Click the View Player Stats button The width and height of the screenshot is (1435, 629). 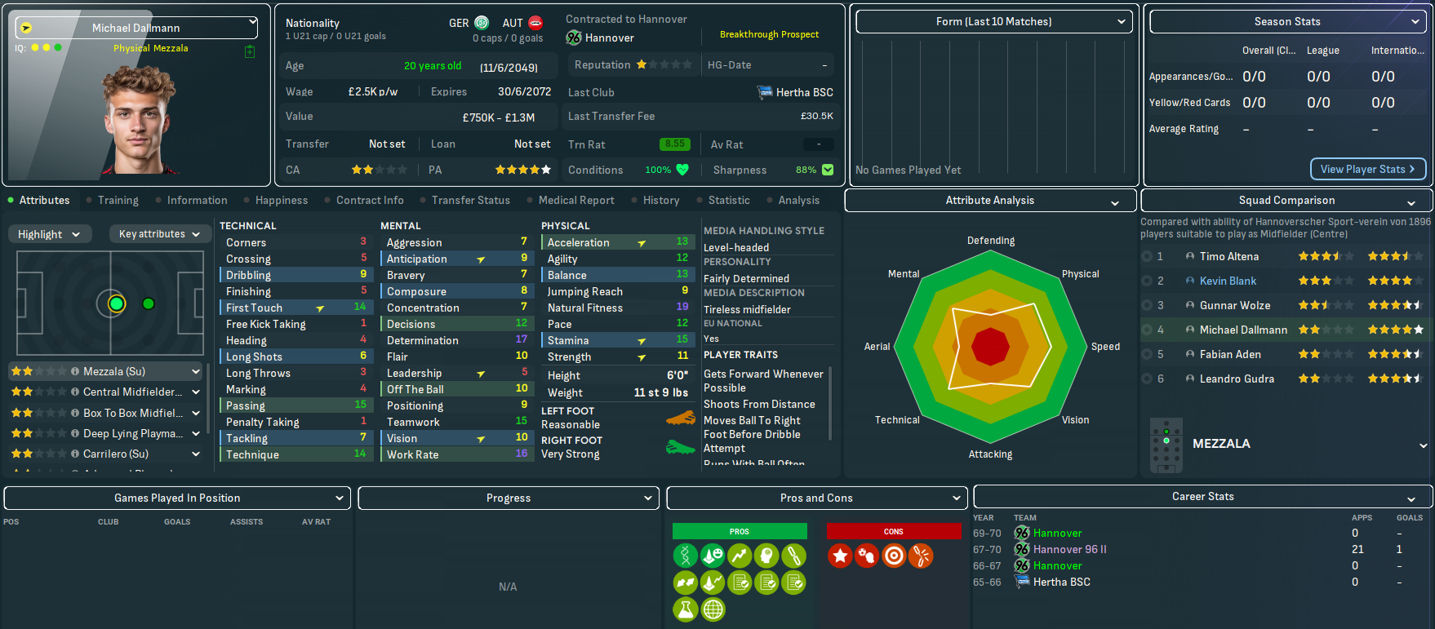(1368, 169)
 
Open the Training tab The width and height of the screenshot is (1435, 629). (118, 200)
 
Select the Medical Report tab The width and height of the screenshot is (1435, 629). (576, 200)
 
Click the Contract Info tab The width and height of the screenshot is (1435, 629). (370, 200)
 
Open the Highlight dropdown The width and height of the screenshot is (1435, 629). (49, 234)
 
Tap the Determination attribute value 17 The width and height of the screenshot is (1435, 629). (521, 339)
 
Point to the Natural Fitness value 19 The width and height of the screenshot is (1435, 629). (682, 307)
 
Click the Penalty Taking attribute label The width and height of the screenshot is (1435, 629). (263, 422)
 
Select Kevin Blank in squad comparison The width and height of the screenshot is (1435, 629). (1228, 281)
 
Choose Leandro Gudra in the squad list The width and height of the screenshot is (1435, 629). (1237, 379)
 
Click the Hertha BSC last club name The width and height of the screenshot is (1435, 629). (804, 92)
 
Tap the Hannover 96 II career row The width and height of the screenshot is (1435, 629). (1069, 549)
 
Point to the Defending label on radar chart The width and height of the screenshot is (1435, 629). (991, 241)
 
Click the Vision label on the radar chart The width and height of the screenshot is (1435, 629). (1075, 420)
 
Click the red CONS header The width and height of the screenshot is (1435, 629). (894, 531)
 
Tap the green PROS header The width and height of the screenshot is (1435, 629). (740, 531)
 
